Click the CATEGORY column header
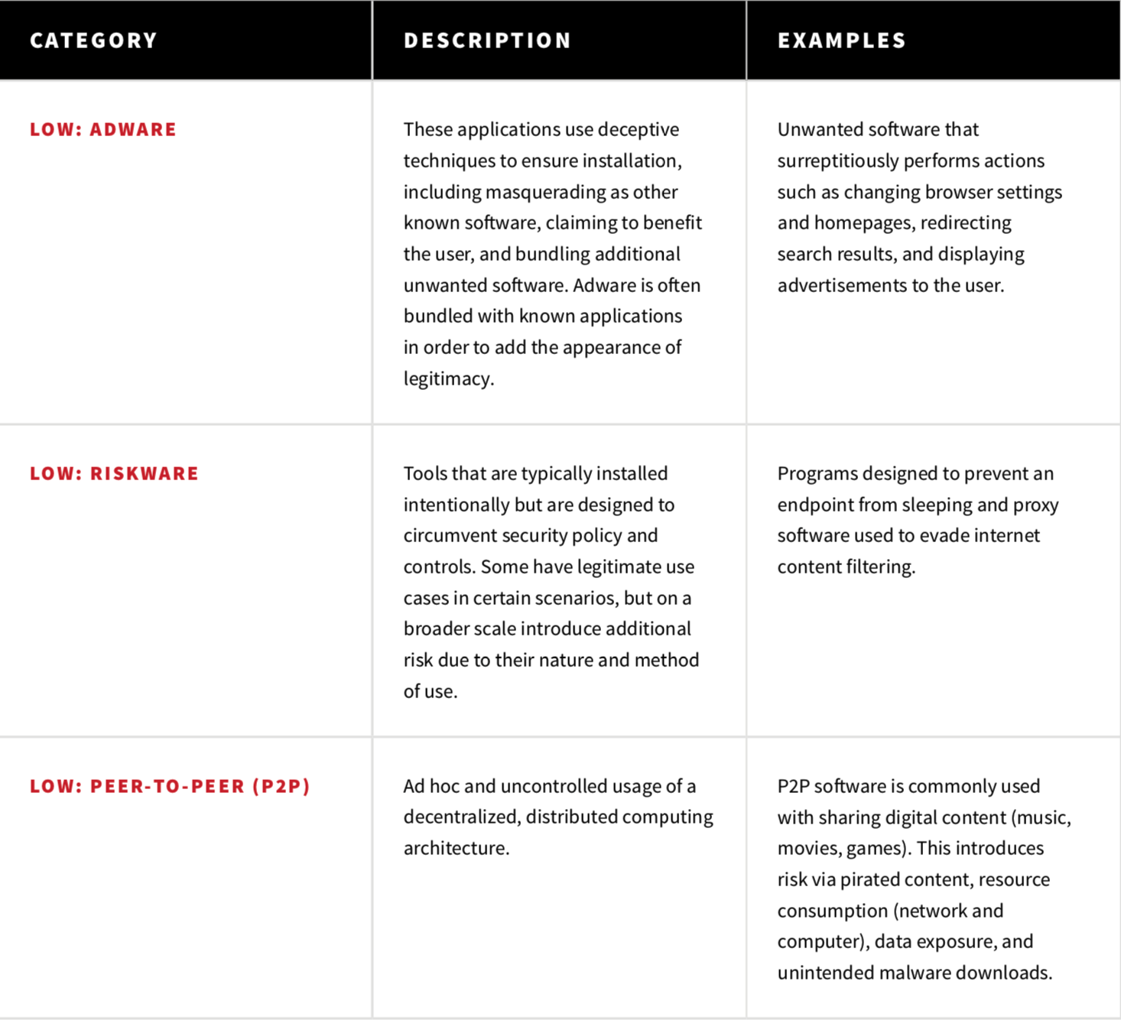[x=93, y=41]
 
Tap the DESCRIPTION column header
[x=487, y=41]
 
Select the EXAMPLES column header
[x=841, y=41]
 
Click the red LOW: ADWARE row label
[x=103, y=129]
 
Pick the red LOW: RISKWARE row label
[x=114, y=473]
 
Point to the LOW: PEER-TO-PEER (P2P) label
[x=170, y=786]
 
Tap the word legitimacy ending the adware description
[x=447, y=378]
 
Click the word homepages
[x=863, y=223]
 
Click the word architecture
[x=455, y=848]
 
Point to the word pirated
[x=872, y=879]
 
